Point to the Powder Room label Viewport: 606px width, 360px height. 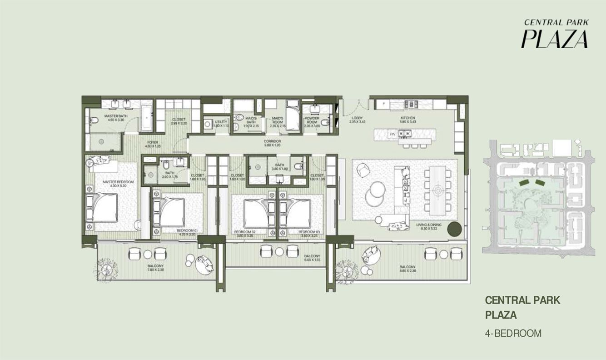click(x=312, y=120)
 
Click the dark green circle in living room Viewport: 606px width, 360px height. click(x=454, y=230)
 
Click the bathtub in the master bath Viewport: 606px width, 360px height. click(x=146, y=117)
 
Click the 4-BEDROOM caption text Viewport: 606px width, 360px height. click(x=513, y=333)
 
